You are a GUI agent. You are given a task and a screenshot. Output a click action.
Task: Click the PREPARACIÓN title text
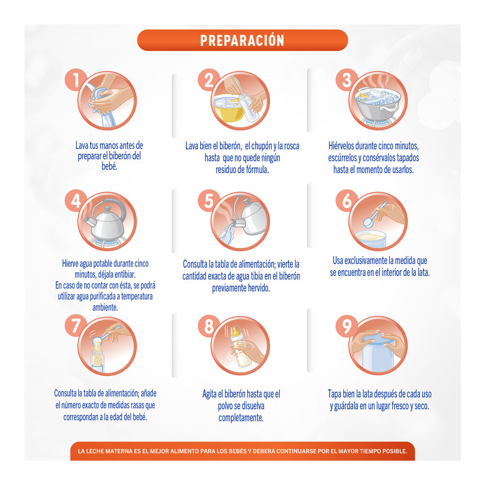click(242, 41)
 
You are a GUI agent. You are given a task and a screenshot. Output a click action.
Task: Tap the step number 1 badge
click(76, 80)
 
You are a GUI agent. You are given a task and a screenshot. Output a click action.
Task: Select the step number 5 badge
click(209, 200)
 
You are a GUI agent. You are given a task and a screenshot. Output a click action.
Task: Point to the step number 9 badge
click(347, 326)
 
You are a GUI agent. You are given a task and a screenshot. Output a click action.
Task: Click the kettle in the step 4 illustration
click(105, 222)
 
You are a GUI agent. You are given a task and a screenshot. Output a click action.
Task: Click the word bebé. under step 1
click(110, 166)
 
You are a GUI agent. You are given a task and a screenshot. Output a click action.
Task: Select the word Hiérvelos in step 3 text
click(341, 145)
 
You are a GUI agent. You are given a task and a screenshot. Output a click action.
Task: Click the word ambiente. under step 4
click(105, 307)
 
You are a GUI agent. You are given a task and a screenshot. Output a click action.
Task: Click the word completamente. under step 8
click(241, 418)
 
